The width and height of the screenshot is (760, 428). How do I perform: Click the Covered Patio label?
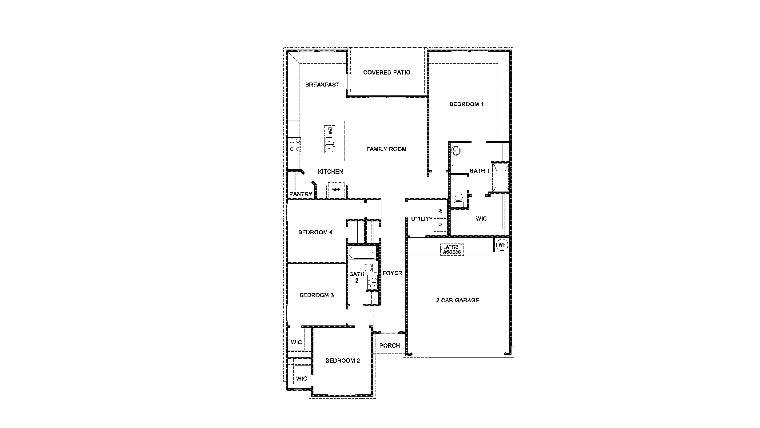387,73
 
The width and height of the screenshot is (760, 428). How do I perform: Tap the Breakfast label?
322,85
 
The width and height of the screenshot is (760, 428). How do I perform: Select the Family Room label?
386,149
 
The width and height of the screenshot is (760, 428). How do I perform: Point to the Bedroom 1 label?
466,104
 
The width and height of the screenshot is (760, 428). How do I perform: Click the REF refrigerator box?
336,190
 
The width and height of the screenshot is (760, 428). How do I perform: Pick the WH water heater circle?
502,245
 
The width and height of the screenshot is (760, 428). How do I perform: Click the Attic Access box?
452,249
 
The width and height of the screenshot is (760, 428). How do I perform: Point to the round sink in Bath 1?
456,151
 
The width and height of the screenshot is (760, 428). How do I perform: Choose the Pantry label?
301,194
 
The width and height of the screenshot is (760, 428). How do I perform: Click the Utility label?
422,219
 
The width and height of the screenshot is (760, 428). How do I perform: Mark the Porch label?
389,345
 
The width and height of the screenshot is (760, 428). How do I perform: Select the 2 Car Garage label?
457,301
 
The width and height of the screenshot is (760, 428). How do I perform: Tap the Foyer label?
392,273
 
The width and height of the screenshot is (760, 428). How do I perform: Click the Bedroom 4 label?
315,232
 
